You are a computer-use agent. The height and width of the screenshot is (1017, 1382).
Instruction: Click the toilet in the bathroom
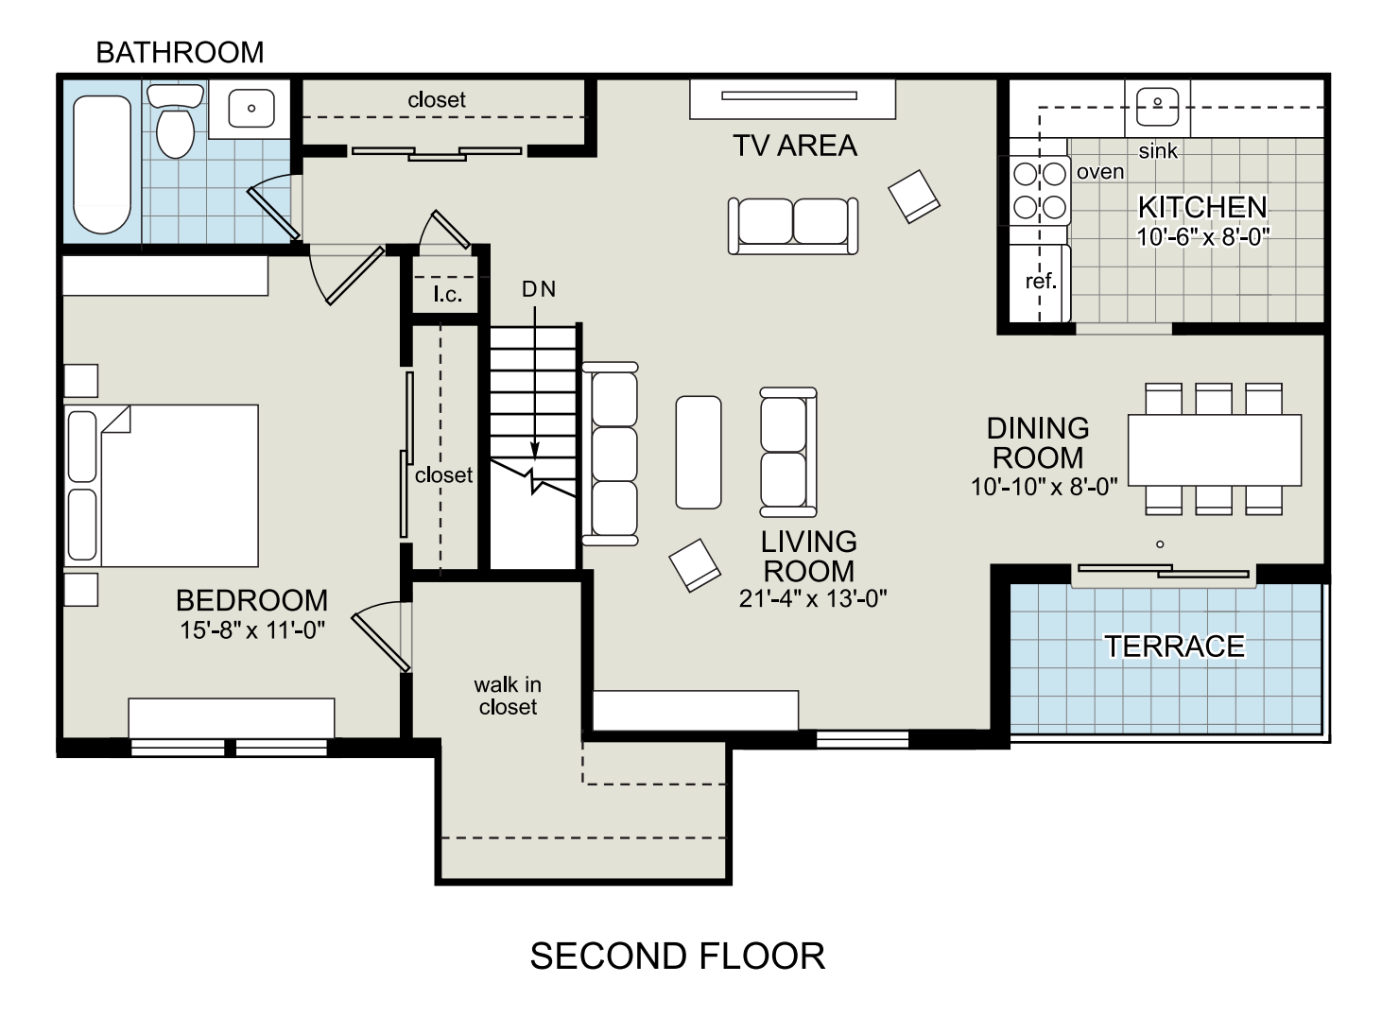pyautogui.click(x=176, y=122)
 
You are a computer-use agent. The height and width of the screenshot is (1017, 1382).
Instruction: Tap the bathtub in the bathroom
pyautogui.click(x=102, y=164)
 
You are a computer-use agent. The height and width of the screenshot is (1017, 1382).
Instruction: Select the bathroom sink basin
pyautogui.click(x=251, y=108)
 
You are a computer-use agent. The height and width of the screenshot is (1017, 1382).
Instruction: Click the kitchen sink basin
pyautogui.click(x=1157, y=106)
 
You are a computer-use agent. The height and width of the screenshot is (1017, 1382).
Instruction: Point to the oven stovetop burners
pyautogui.click(x=1039, y=191)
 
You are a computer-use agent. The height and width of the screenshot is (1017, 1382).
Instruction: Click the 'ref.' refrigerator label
pyautogui.click(x=1041, y=282)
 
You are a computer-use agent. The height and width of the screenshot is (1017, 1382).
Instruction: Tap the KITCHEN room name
pyautogui.click(x=1202, y=207)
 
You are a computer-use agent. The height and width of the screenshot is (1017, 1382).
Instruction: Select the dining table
pyautogui.click(x=1215, y=450)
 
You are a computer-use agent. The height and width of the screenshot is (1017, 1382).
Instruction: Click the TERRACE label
pyautogui.click(x=1174, y=646)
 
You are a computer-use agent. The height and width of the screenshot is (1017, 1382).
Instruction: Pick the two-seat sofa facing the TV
pyautogui.click(x=793, y=226)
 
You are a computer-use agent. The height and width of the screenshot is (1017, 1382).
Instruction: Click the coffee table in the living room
pyautogui.click(x=699, y=452)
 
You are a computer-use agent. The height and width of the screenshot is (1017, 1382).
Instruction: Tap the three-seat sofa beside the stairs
pyautogui.click(x=611, y=454)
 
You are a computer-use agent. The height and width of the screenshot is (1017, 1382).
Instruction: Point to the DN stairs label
pyautogui.click(x=539, y=289)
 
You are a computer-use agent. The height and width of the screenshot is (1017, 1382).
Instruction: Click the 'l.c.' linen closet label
pyautogui.click(x=447, y=294)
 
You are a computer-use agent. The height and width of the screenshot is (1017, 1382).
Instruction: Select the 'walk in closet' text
pyautogui.click(x=508, y=696)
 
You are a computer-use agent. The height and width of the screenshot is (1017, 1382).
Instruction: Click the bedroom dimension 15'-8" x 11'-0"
pyautogui.click(x=252, y=630)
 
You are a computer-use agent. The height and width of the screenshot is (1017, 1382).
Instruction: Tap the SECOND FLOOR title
pyautogui.click(x=678, y=957)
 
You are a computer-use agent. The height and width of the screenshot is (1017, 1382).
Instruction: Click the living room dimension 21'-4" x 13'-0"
pyautogui.click(x=813, y=598)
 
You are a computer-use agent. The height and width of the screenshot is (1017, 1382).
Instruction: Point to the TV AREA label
pyautogui.click(x=795, y=147)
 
